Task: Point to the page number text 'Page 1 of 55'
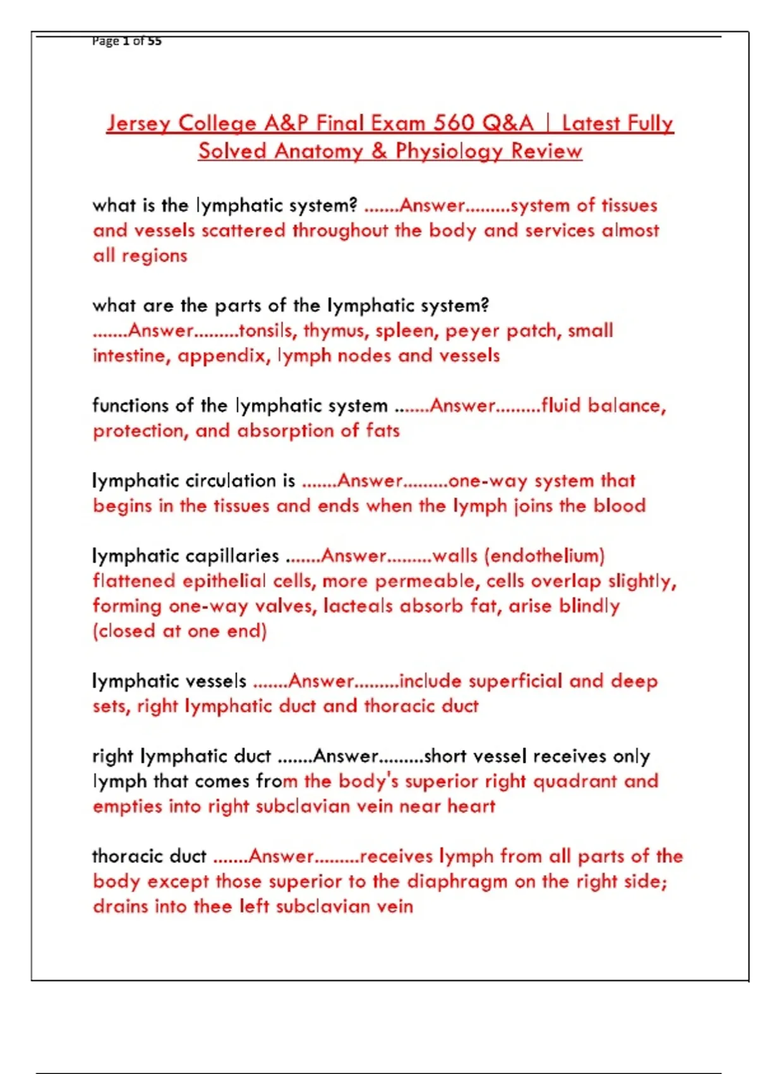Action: tap(126, 41)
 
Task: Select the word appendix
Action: tap(222, 356)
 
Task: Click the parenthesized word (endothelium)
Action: tap(544, 556)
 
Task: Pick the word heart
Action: tap(471, 806)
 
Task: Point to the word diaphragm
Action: tap(457, 881)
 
